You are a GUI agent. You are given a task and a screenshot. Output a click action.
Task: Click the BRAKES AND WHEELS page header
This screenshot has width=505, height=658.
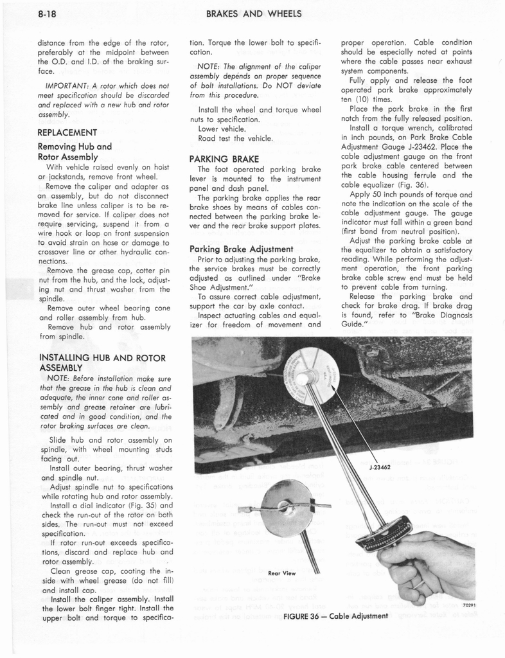(x=253, y=13)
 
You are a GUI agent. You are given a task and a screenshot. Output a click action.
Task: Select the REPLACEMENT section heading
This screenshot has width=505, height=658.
(x=67, y=132)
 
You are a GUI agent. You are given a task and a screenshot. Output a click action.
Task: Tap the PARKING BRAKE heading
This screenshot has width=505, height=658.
(x=224, y=158)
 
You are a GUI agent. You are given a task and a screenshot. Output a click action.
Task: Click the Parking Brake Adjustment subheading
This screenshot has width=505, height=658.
(x=242, y=249)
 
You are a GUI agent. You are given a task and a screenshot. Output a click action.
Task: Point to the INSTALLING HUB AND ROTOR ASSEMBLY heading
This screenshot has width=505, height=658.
(x=103, y=362)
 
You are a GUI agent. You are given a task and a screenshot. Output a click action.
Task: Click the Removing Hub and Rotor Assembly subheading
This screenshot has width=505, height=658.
(x=75, y=152)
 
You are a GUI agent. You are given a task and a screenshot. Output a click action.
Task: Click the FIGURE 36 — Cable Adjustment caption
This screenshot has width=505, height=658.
(x=335, y=616)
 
